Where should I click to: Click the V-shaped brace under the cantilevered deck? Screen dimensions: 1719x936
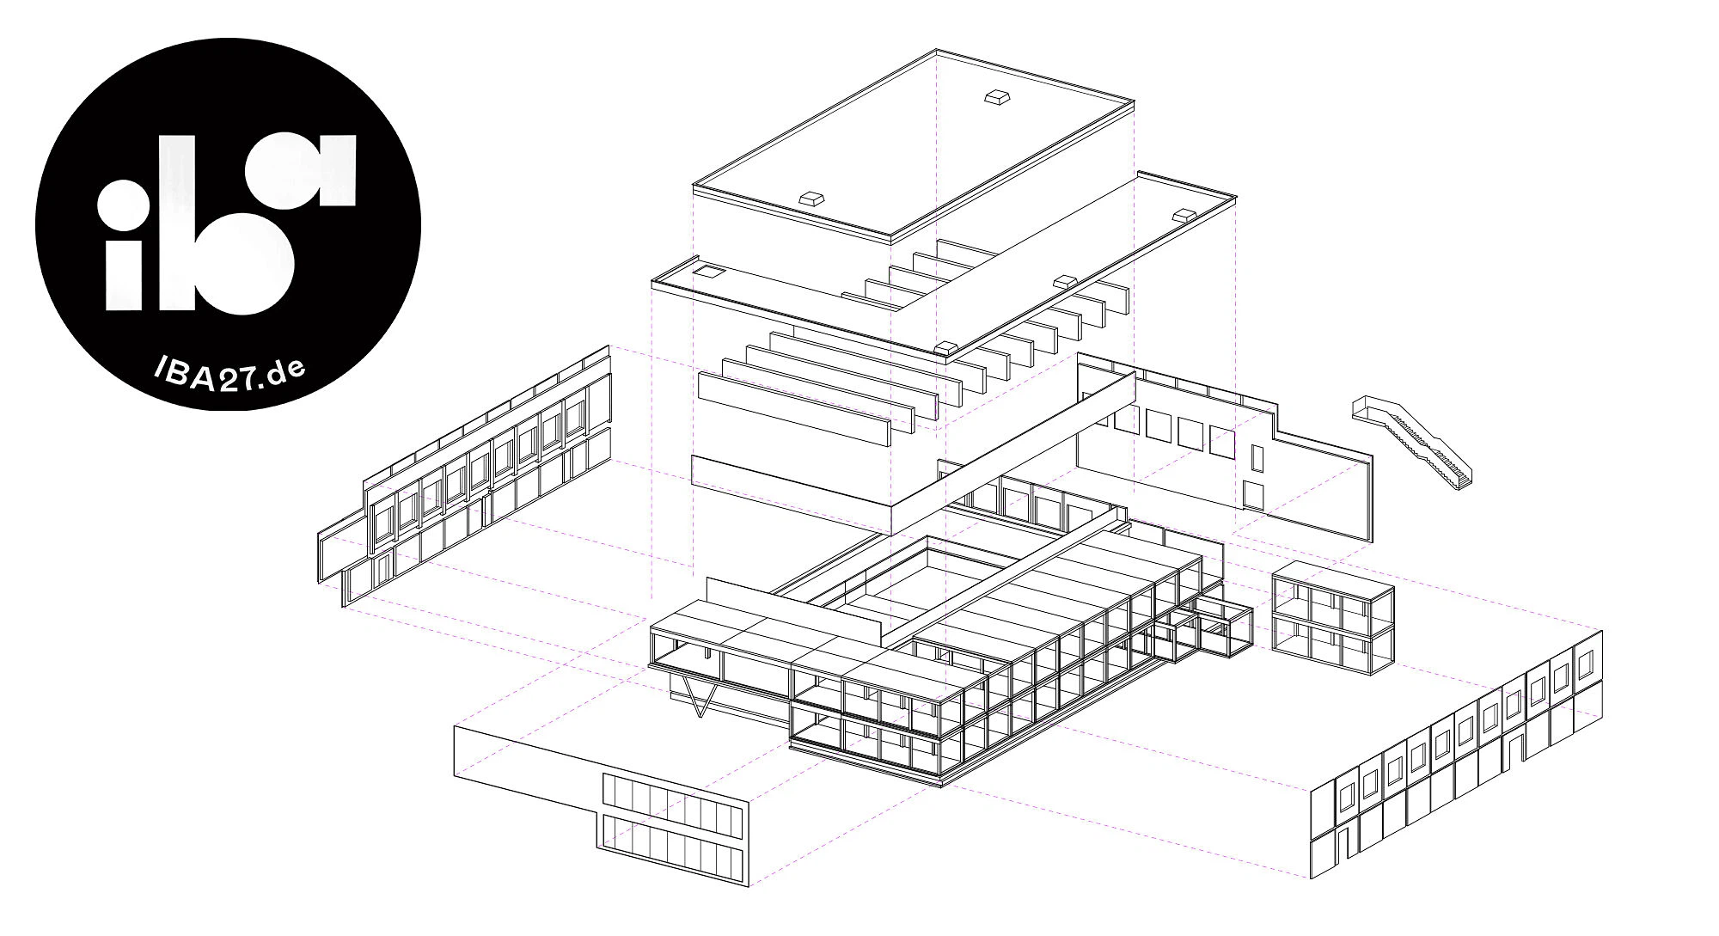[x=700, y=695]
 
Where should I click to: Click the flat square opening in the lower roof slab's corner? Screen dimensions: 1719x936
[x=709, y=273]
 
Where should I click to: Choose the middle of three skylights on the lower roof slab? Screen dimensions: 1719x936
[x=1066, y=281]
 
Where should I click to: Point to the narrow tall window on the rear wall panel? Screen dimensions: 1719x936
[x=1257, y=458]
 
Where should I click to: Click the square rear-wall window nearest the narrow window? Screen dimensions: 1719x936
[x=1222, y=441]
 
